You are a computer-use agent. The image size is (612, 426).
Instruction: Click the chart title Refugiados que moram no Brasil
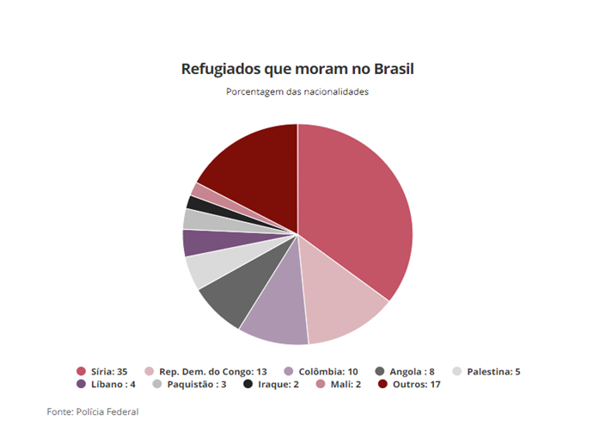[297, 69]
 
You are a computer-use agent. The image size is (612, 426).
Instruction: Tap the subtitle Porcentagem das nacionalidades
[297, 91]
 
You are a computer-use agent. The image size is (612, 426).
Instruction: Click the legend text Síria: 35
[108, 372]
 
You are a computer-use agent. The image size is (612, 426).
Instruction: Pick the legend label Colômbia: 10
[329, 372]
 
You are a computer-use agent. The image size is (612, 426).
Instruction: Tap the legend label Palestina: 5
[493, 372]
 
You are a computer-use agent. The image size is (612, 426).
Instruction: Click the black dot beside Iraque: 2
[248, 384]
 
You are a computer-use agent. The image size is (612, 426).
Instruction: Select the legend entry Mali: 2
[344, 384]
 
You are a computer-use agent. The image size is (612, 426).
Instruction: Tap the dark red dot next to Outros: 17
[382, 384]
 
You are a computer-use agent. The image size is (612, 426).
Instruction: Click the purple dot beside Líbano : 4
[81, 384]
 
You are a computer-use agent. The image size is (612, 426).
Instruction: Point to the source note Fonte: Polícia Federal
[92, 412]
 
